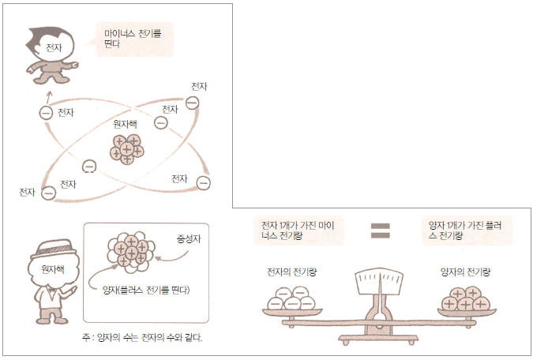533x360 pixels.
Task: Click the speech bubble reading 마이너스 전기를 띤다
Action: pos(134,39)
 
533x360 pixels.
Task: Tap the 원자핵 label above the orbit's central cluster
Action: pos(125,124)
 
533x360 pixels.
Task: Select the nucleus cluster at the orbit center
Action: pos(127,149)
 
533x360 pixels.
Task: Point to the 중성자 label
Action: pos(189,239)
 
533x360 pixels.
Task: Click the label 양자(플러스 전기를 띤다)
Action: pos(146,290)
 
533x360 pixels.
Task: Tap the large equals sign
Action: pos(381,231)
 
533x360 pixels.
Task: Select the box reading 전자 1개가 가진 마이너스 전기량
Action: pos(298,231)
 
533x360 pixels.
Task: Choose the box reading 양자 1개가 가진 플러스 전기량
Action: pos(467,231)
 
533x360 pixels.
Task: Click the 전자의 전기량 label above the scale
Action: pos(292,272)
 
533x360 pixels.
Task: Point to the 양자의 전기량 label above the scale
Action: pos(465,272)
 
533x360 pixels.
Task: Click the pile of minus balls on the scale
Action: pos(291,298)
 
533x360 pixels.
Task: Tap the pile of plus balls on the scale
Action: pos(466,298)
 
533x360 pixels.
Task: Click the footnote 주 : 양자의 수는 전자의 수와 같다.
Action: pos(142,338)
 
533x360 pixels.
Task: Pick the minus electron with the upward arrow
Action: pos(46,113)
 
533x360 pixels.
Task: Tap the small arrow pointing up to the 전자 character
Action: pos(49,97)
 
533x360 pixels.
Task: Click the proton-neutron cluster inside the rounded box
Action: pos(131,253)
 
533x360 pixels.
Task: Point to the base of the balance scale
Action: pos(378,339)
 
